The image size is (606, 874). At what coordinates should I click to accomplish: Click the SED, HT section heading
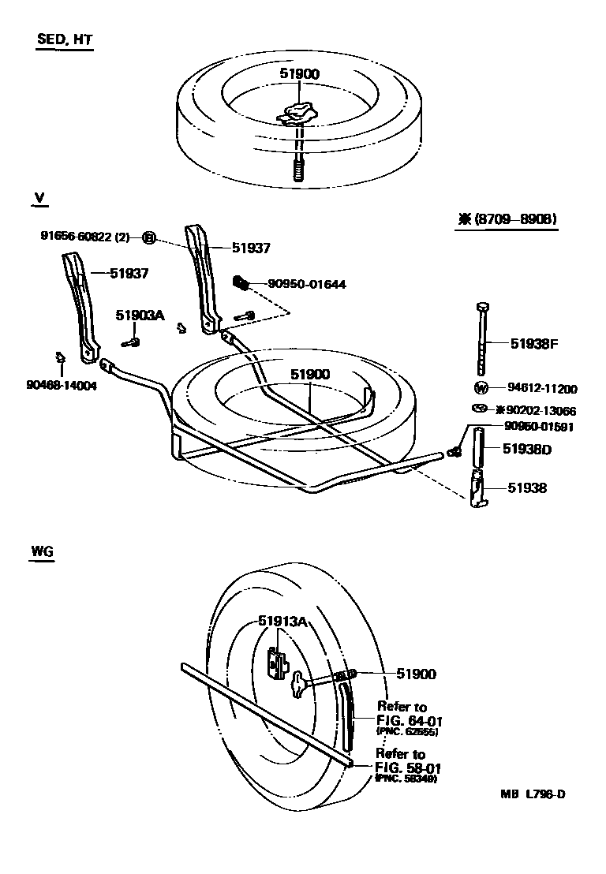click(65, 41)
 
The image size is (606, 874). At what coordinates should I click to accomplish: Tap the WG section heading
click(42, 552)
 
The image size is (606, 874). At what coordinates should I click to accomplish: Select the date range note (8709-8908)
click(507, 219)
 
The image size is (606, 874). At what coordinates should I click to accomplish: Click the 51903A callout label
click(140, 315)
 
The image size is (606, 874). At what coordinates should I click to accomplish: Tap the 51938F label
click(534, 343)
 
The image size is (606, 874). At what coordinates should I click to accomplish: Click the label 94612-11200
click(542, 388)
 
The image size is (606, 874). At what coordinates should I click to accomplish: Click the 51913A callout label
click(282, 622)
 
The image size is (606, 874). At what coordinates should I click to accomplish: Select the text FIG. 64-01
click(407, 719)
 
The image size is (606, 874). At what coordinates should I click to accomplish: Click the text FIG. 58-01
click(407, 767)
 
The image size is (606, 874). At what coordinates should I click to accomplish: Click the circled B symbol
click(148, 237)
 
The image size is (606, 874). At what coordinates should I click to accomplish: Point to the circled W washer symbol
click(481, 387)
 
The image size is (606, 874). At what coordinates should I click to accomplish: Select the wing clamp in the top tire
click(297, 114)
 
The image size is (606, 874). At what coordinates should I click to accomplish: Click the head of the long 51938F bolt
click(484, 306)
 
